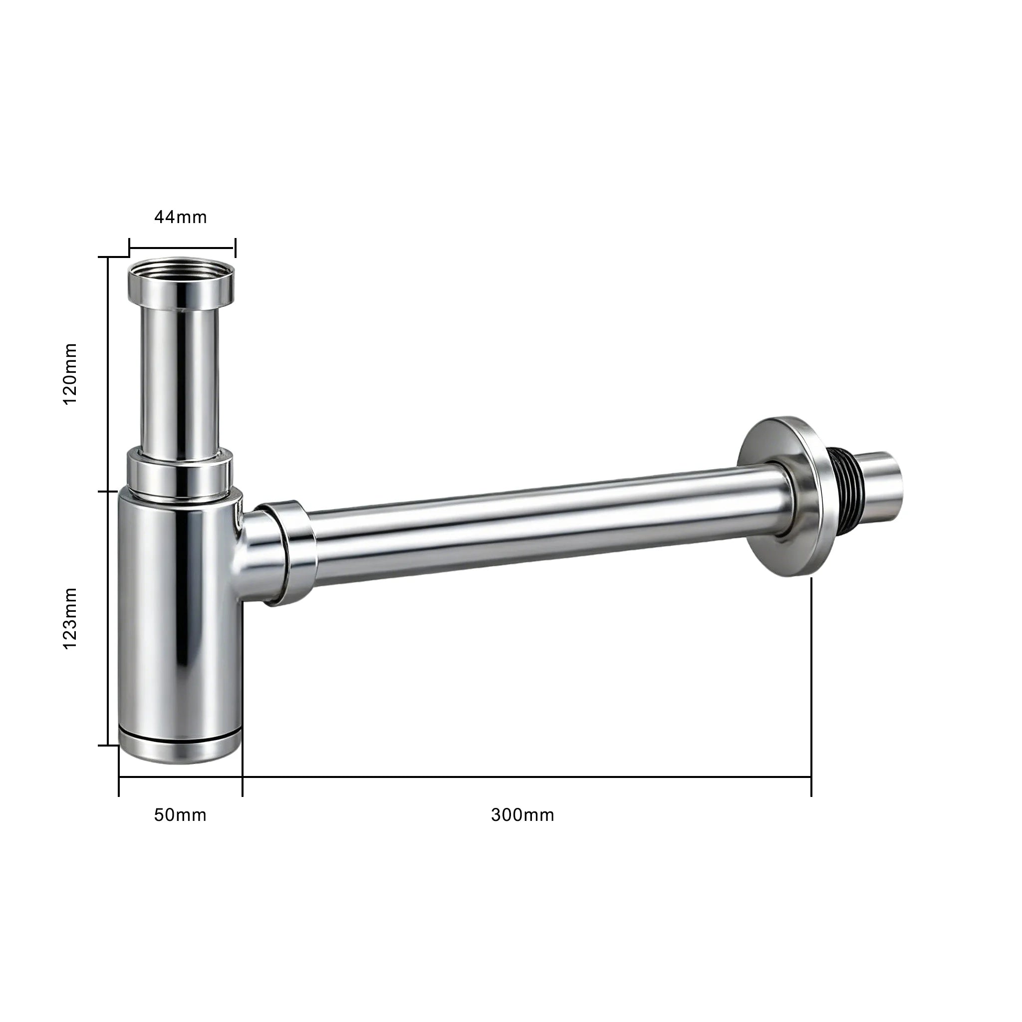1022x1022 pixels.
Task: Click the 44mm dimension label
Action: coord(180,217)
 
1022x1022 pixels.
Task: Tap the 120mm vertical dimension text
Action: coord(70,374)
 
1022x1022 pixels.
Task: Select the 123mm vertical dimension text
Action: coord(70,618)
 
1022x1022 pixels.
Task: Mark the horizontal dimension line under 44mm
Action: coord(183,247)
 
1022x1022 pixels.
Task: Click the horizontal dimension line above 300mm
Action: coord(526,777)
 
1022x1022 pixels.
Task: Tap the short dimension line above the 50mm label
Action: coord(180,777)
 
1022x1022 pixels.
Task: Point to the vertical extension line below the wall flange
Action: coord(811,677)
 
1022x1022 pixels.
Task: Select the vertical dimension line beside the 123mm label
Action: coord(108,618)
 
